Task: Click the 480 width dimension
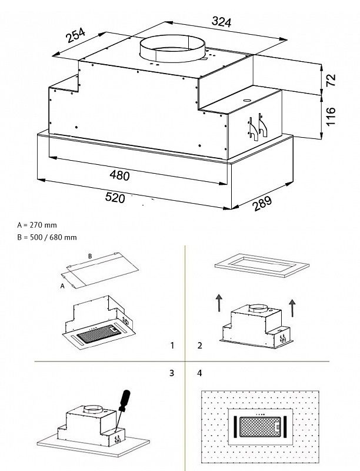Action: [x=119, y=175]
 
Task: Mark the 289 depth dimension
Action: [x=263, y=205]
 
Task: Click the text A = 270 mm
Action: [x=38, y=225]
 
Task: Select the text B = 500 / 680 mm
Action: [x=47, y=237]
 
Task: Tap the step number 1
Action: [x=172, y=346]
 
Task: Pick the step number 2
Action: [x=200, y=346]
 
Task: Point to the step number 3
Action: [x=172, y=373]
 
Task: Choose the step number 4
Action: [x=200, y=373]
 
